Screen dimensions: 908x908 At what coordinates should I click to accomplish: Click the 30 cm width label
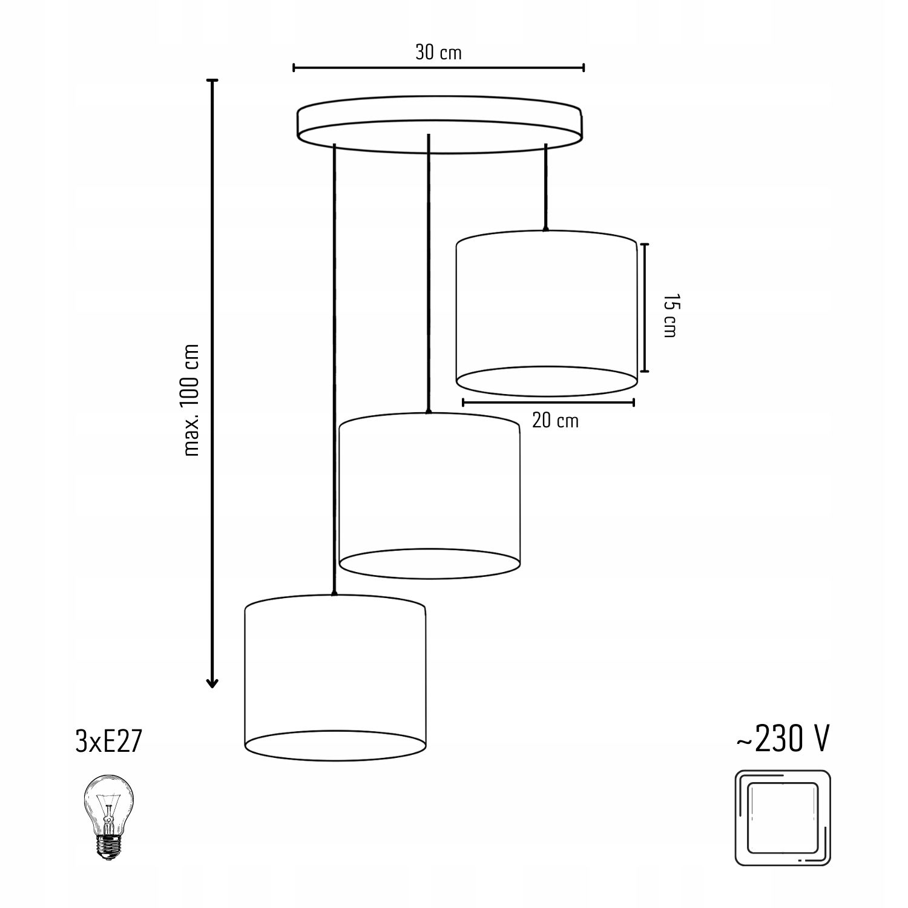click(x=438, y=53)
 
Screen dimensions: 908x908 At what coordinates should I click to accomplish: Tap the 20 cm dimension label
click(x=555, y=420)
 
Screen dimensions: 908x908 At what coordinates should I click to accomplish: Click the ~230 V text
click(x=783, y=739)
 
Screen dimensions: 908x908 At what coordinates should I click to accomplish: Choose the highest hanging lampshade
click(x=546, y=314)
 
